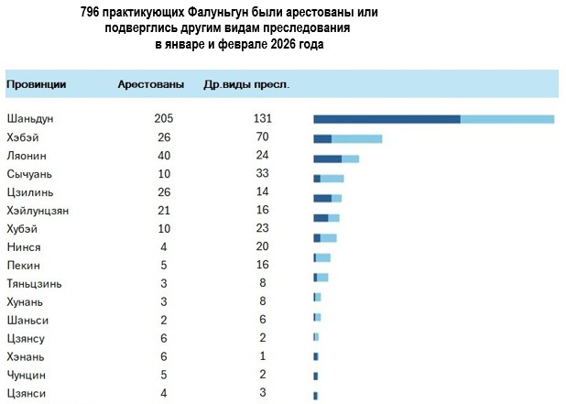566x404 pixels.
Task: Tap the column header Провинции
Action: point(36,84)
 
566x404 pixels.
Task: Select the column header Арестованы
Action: point(148,84)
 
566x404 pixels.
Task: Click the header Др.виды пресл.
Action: point(245,84)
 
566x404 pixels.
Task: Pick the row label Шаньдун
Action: point(32,119)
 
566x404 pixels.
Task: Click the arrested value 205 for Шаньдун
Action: point(164,119)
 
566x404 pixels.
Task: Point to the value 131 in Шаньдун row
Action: point(263,119)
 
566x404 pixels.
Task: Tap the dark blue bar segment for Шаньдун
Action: point(386,119)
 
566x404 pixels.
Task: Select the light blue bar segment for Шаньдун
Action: point(507,119)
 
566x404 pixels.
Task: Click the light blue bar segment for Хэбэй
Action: point(356,138)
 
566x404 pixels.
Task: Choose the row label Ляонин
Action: point(27,156)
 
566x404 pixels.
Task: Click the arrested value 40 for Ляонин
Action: point(164,156)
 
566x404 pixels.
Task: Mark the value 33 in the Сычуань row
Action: point(263,174)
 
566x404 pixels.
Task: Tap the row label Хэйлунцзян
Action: point(38,211)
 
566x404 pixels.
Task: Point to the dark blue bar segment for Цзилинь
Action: point(321,198)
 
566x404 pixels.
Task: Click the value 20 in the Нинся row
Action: point(263,247)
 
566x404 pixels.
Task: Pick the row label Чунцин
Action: point(26,376)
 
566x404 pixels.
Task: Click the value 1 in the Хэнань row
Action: point(263,357)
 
